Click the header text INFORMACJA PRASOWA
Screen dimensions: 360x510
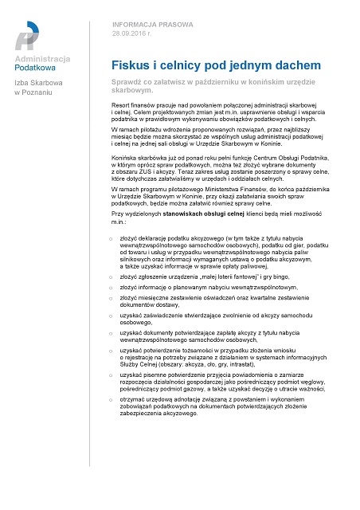coord(147,24)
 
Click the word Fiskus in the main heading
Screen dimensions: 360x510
coord(131,65)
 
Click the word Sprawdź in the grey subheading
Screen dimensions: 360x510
coord(129,83)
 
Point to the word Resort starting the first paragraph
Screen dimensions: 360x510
coord(123,107)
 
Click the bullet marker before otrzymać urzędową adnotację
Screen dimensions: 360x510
coord(112,398)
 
